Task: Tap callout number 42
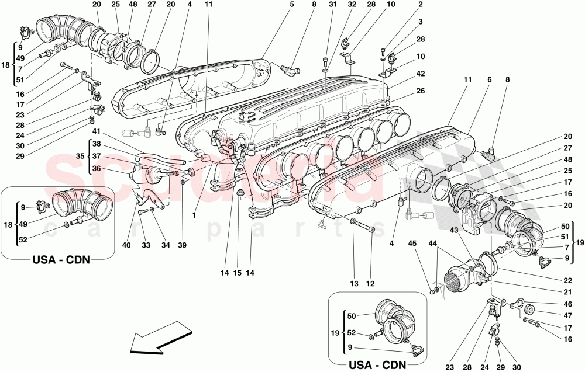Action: [420, 74]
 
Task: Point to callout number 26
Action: [420, 91]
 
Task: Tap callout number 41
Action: [96, 132]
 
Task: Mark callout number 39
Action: [183, 245]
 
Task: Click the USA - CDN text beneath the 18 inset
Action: [61, 259]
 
